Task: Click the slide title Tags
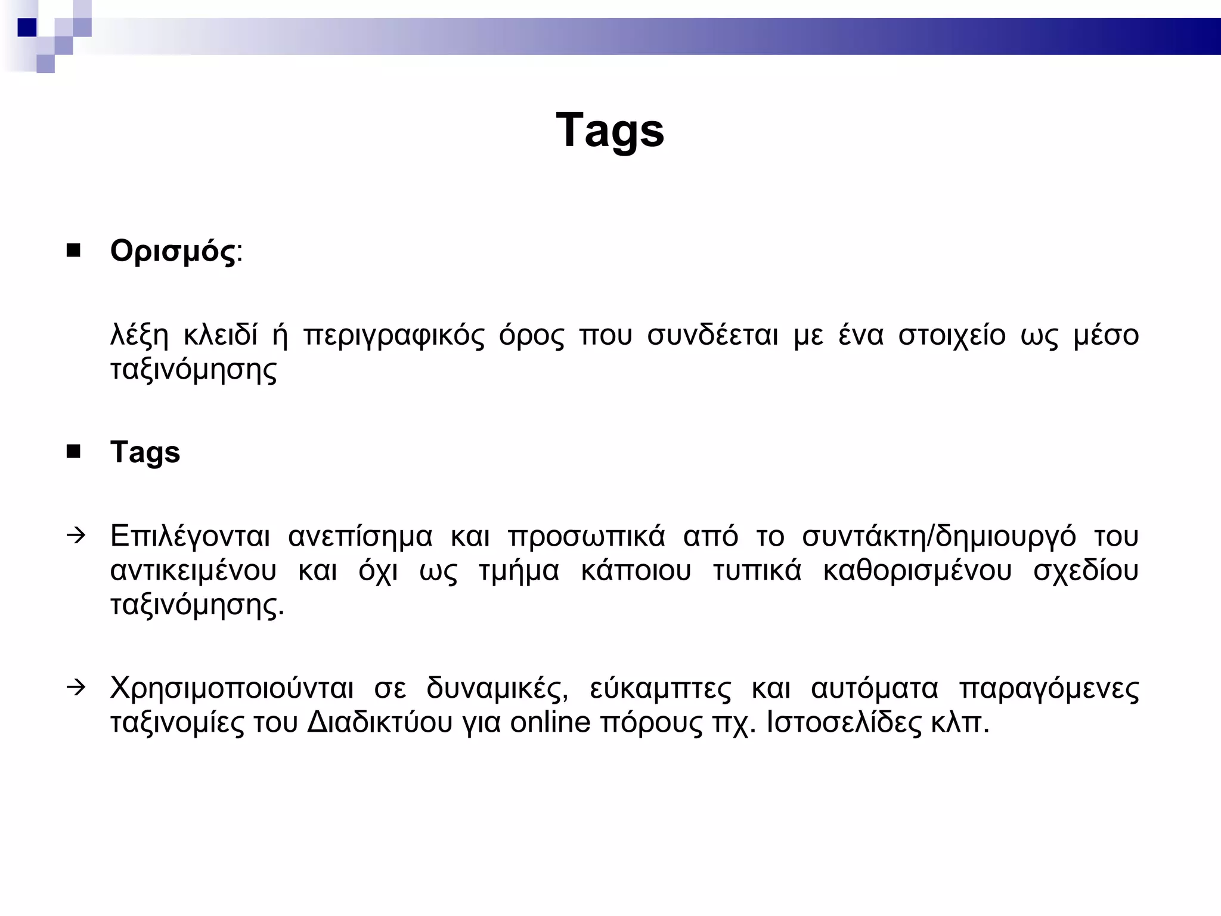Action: click(610, 131)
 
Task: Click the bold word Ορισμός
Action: click(173, 252)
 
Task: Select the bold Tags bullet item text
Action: click(145, 453)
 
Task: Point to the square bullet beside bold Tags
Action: click(74, 452)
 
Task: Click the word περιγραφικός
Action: click(394, 336)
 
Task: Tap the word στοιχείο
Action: click(952, 336)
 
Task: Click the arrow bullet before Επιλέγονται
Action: click(76, 535)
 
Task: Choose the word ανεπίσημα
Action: click(360, 537)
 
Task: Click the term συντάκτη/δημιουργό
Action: click(939, 537)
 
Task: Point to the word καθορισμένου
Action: click(918, 571)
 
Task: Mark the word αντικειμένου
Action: click(194, 571)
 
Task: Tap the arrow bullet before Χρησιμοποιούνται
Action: click(76, 687)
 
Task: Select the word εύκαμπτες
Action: click(660, 689)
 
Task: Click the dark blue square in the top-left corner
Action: click(27, 27)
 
